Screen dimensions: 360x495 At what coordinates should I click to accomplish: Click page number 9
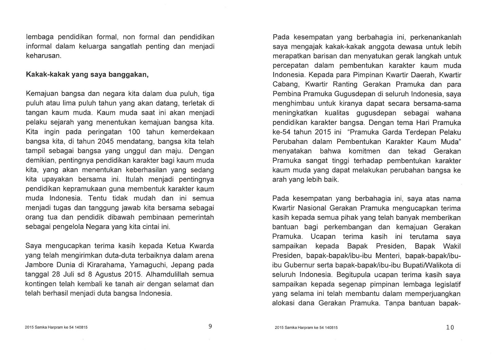coord(210,326)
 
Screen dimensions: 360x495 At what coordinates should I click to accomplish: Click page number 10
coord(450,327)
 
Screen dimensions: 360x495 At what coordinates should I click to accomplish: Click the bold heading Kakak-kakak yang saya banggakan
coord(87,75)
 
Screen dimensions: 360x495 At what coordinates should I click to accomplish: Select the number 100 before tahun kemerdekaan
coord(134,132)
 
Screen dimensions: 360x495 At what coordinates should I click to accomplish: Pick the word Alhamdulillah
coord(166,275)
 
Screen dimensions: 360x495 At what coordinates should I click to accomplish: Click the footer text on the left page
coord(56,328)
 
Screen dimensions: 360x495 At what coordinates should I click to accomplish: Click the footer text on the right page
coord(306,328)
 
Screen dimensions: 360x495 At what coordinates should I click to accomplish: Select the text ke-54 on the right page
coord(282,132)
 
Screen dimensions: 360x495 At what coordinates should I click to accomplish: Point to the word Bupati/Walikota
coord(428,265)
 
